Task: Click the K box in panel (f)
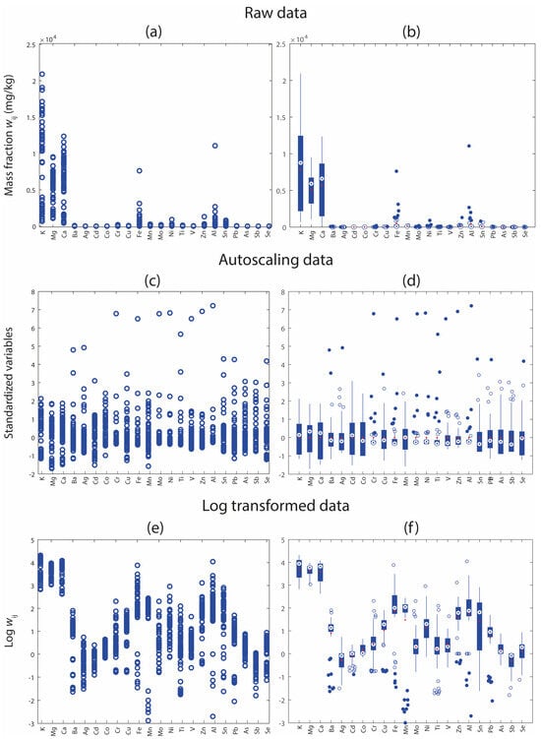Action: [x=300, y=569]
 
